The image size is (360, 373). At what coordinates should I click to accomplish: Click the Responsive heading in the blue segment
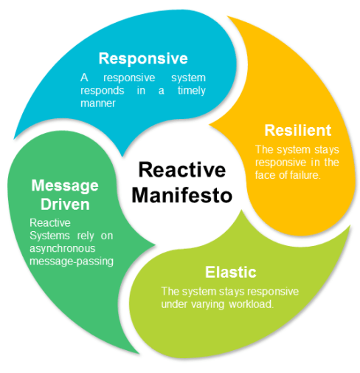(x=143, y=58)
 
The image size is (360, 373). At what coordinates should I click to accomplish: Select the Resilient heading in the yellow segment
(x=298, y=131)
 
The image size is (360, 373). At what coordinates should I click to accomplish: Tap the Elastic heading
(x=230, y=270)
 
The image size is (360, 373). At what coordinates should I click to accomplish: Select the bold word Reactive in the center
(x=182, y=171)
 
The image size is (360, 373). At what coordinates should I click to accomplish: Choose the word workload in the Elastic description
(x=251, y=304)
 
